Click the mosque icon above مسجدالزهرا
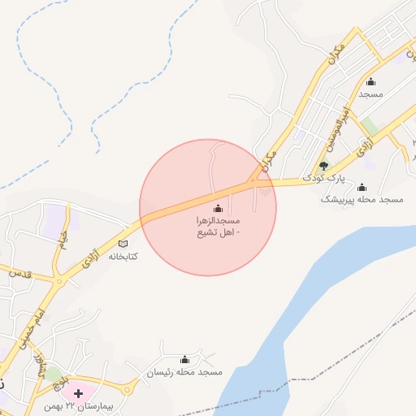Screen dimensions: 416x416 pos(218,208)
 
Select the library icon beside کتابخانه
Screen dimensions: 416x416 pos(123,243)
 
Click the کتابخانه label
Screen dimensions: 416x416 pos(123,256)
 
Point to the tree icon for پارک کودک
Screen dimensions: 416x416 pos(323,166)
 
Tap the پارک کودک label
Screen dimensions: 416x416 pos(324,177)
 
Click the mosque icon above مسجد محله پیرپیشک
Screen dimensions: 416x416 pos(362,187)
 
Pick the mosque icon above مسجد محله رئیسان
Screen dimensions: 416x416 pos(184,360)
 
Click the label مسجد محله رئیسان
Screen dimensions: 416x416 pos(184,372)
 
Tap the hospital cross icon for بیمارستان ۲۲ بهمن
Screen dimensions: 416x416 pos(78,392)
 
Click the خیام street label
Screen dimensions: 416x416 pos(62,239)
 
